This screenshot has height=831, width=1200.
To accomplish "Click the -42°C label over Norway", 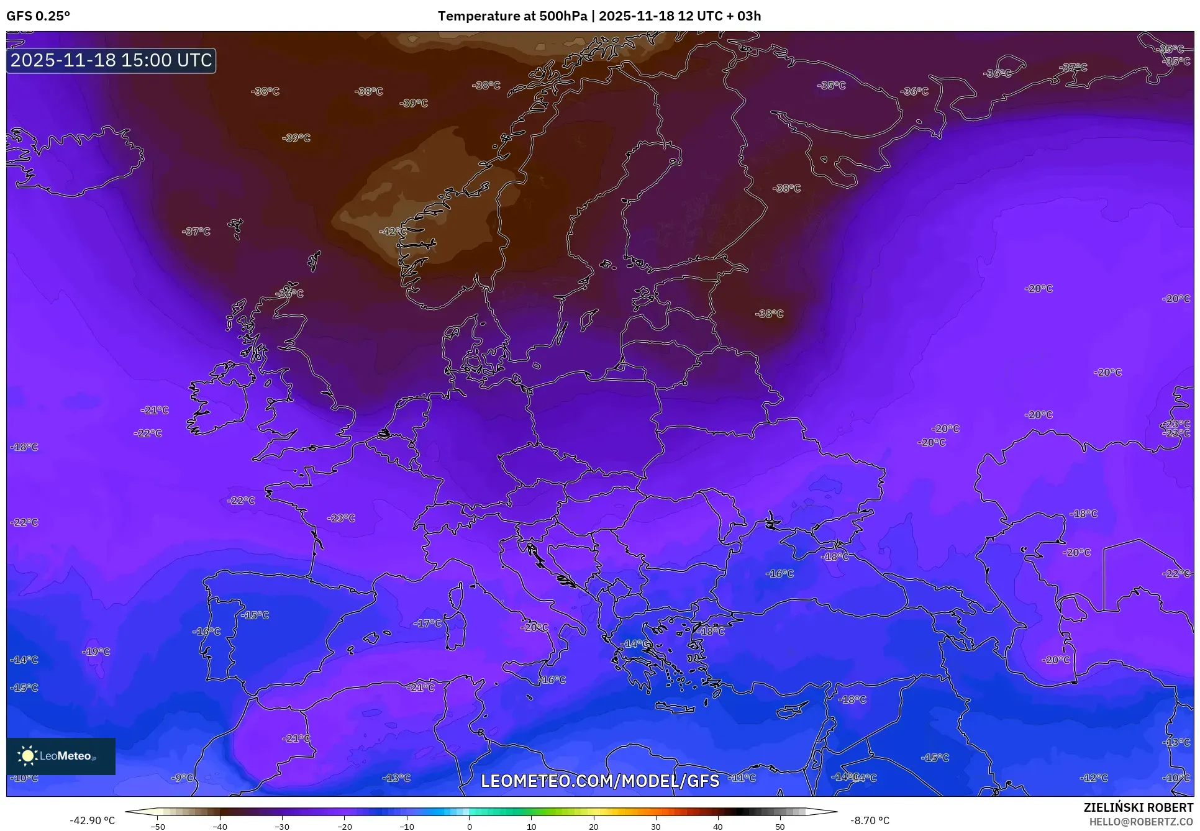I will [x=393, y=232].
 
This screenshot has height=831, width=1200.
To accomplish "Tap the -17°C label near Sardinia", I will [x=429, y=623].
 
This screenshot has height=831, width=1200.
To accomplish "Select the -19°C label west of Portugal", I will [x=96, y=652].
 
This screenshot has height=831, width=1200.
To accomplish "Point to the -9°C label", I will [x=183, y=778].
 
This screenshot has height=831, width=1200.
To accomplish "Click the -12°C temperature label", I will [x=1094, y=778].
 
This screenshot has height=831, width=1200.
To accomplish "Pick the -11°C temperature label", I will [x=743, y=778].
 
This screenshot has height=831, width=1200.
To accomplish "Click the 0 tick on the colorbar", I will [x=469, y=826].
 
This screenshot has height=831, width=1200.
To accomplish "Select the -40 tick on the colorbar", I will [x=220, y=826].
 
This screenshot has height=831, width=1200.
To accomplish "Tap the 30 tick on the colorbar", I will [x=656, y=826].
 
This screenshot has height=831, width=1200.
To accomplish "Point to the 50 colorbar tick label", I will [x=780, y=826].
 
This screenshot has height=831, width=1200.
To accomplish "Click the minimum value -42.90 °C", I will [x=92, y=820].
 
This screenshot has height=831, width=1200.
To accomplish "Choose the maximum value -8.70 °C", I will [x=870, y=820].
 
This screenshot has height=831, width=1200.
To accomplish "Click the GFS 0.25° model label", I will [x=38, y=16].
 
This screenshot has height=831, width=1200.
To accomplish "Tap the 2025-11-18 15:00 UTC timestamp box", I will [x=111, y=60].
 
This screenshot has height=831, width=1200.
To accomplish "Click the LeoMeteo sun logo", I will [x=27, y=756].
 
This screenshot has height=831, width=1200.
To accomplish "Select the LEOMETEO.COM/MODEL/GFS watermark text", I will [x=600, y=781].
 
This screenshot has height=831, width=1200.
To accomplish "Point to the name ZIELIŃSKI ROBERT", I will [x=1139, y=807].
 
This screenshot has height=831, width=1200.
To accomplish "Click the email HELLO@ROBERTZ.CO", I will [x=1141, y=822].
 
